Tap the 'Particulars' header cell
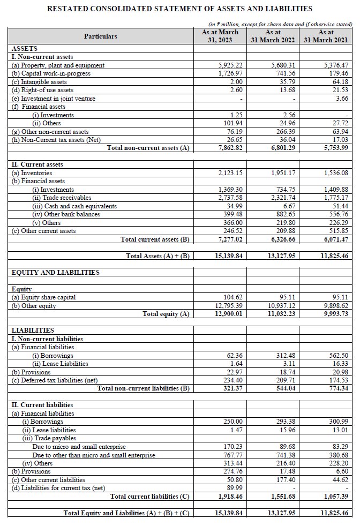click(x=100, y=36)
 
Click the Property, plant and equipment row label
click(x=58, y=65)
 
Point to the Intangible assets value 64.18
click(x=340, y=82)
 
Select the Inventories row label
click(x=32, y=174)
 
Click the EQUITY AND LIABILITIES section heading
click(x=56, y=273)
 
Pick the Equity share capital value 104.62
click(x=233, y=297)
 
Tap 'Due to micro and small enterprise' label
click(x=79, y=447)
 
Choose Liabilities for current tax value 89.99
click(x=234, y=488)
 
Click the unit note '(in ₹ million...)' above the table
click(x=280, y=24)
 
